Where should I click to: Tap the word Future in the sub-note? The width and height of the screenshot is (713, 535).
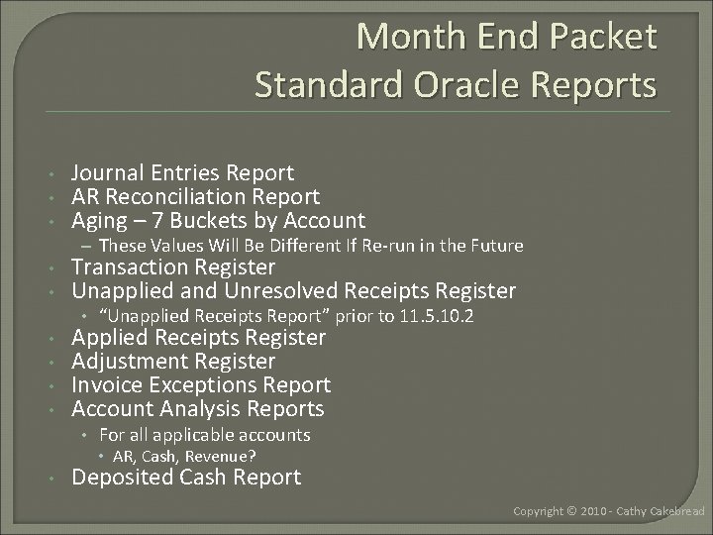pyautogui.click(x=494, y=245)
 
